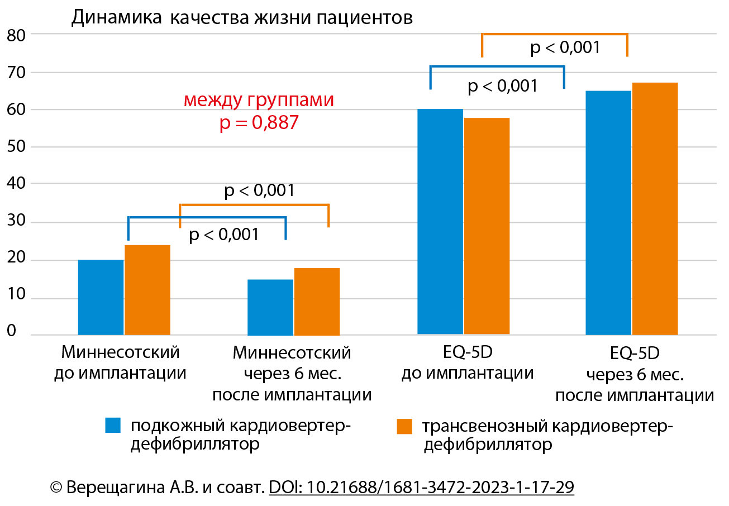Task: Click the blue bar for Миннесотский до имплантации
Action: (x=101, y=297)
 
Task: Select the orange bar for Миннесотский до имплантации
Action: (x=147, y=290)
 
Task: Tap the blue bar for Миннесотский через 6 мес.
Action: (x=270, y=307)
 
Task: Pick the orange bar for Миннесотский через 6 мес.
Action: (x=317, y=302)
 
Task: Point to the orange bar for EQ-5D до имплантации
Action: (x=487, y=226)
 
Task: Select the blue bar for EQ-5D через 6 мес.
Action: (x=608, y=213)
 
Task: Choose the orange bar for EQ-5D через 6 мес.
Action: (x=655, y=209)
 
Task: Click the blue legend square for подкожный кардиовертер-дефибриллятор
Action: (x=113, y=426)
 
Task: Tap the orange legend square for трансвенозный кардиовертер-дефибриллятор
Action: (x=404, y=426)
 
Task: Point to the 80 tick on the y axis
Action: (x=21, y=35)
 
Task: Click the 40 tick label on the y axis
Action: (x=21, y=184)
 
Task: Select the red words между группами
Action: (x=259, y=101)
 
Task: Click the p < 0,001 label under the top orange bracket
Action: (x=565, y=47)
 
